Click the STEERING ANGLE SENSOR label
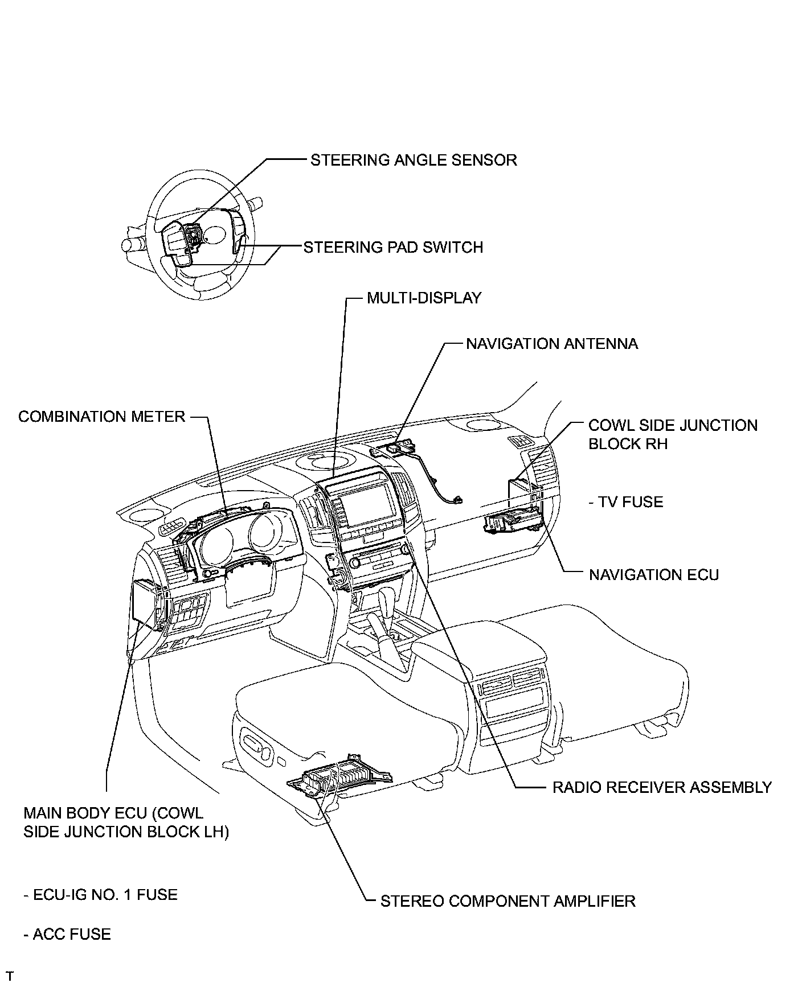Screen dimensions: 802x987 (414, 160)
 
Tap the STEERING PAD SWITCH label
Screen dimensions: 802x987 (393, 248)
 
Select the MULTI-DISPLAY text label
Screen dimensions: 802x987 (424, 298)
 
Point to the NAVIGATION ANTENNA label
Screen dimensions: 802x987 (552, 344)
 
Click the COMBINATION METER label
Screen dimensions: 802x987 (102, 417)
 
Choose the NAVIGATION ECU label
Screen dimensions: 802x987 (654, 575)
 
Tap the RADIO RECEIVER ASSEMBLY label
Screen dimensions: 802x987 (662, 787)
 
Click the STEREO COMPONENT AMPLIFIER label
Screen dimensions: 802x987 (508, 901)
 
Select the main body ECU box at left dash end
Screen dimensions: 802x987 (147, 602)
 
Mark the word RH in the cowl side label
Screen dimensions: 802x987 (656, 444)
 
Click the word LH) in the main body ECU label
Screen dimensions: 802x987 (214, 832)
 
